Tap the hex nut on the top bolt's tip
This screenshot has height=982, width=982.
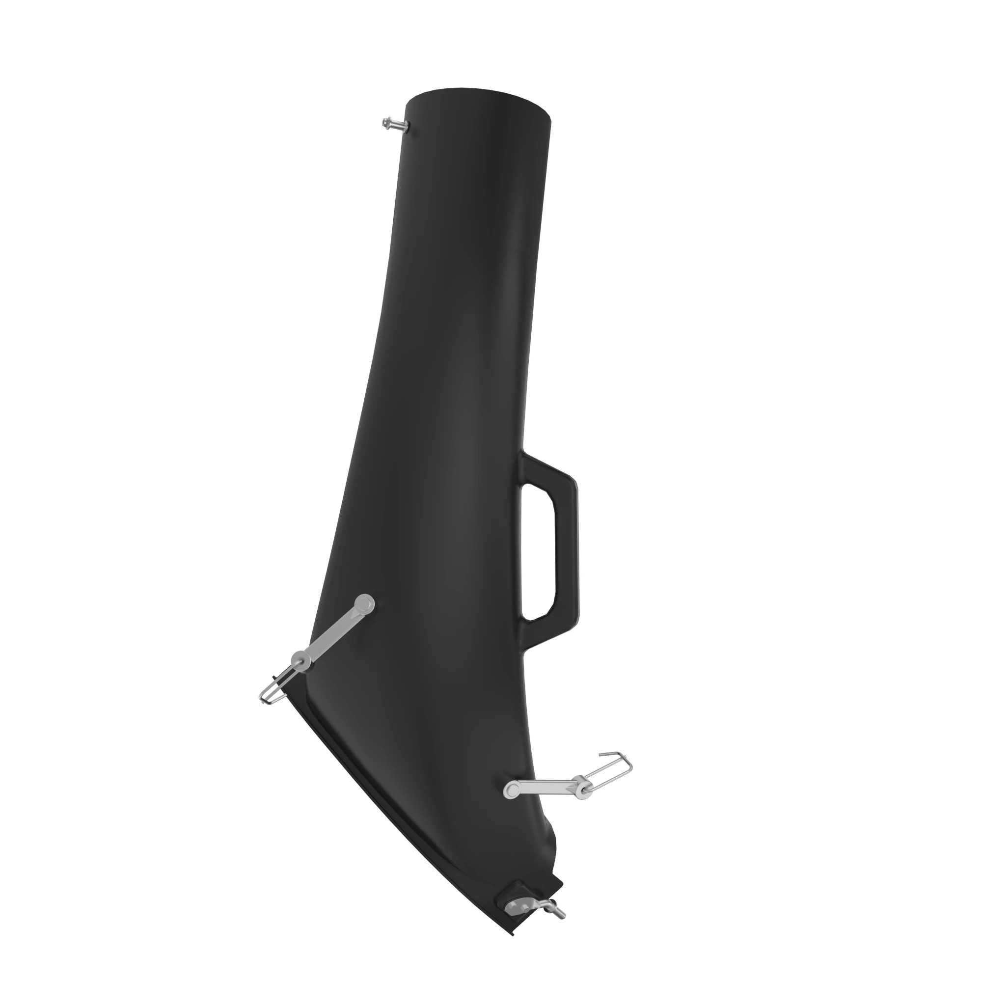[x=387, y=122]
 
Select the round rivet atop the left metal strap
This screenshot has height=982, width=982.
[x=363, y=605]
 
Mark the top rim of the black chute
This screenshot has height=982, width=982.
[x=480, y=99]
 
